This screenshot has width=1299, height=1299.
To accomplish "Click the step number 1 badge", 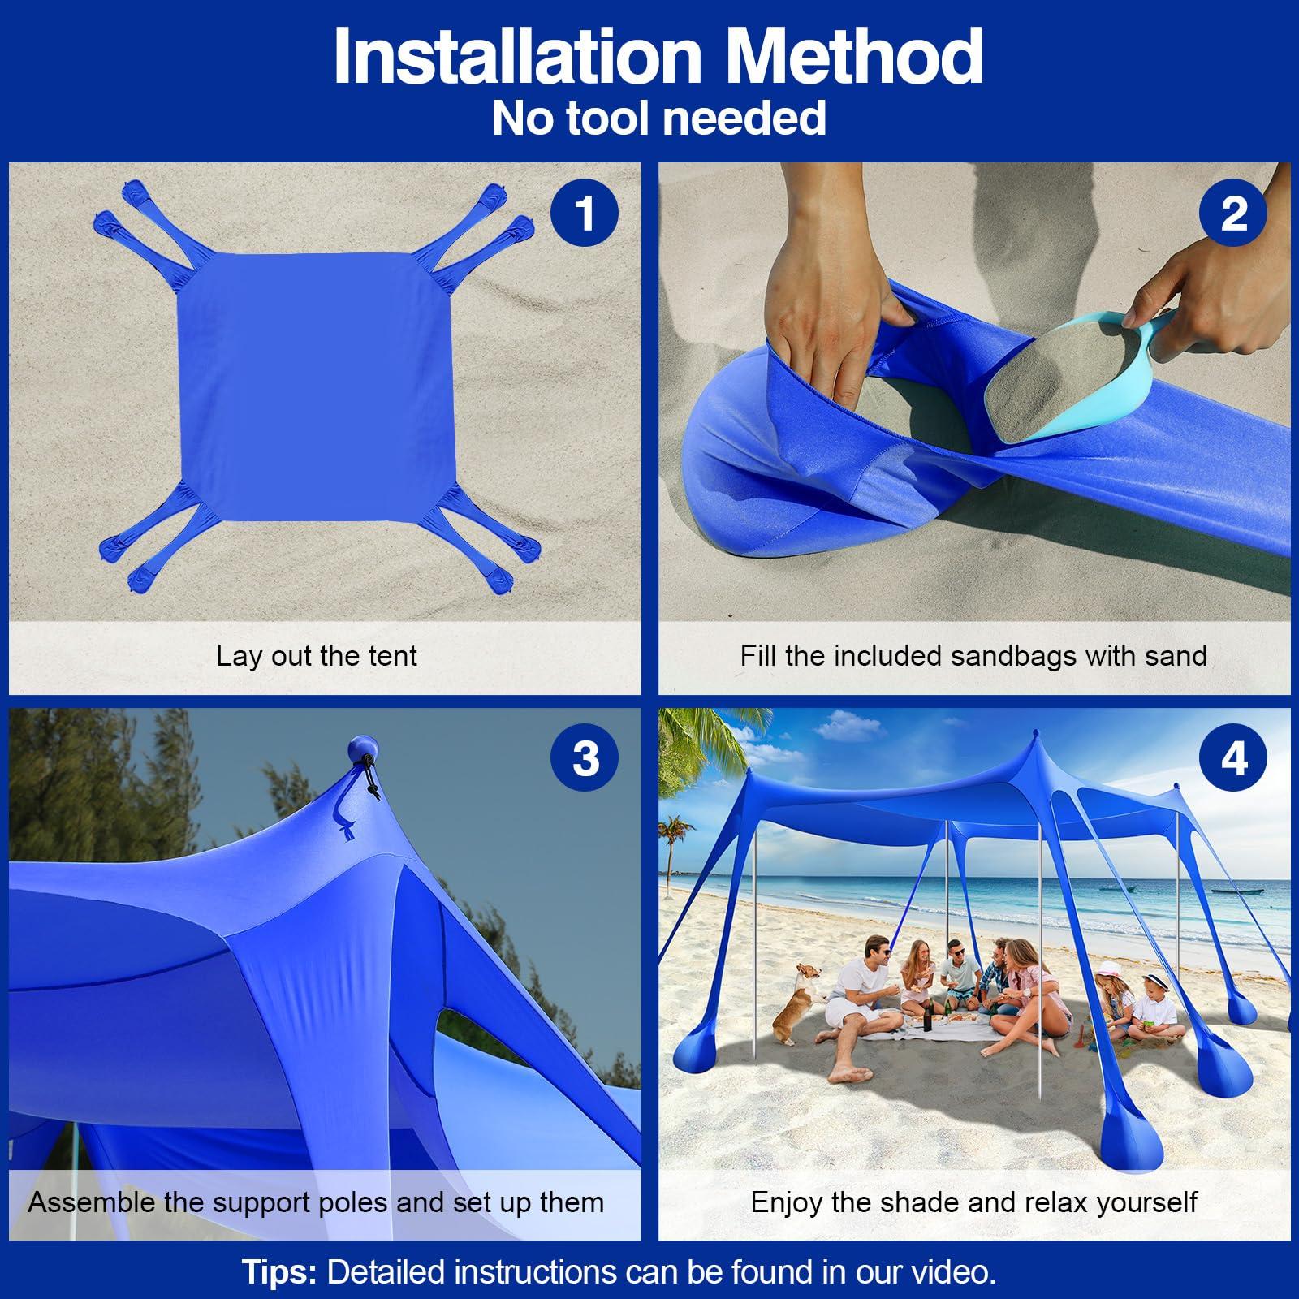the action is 584,214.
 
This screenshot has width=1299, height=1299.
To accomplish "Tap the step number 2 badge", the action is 1233,214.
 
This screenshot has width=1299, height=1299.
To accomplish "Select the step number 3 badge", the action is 584,759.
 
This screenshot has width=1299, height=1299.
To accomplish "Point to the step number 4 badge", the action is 1233,759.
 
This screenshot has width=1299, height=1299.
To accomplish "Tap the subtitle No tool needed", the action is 658,118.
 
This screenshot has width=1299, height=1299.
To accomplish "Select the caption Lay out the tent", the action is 317,655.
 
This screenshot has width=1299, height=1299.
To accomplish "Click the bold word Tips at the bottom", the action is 279,1272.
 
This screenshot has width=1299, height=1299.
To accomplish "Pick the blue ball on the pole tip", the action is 363,751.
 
